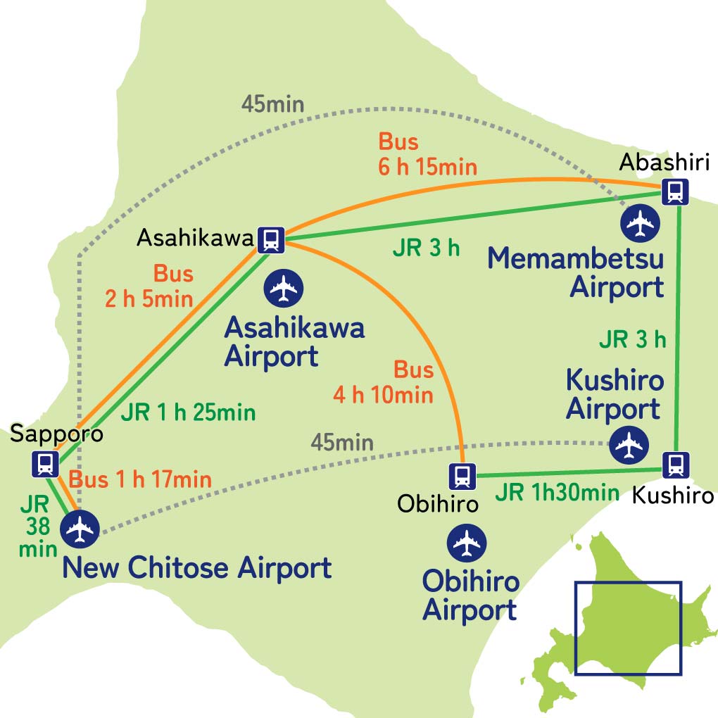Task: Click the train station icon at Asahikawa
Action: tap(270, 239)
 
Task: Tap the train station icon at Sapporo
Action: tap(46, 463)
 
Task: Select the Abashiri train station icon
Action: tap(675, 191)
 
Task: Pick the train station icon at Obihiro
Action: tap(464, 476)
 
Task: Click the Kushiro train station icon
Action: tap(675, 465)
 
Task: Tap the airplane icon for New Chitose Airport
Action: tap(80, 529)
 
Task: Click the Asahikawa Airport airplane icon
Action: tap(284, 286)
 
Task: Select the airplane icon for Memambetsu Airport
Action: tap(640, 222)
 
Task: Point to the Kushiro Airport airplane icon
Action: tap(628, 444)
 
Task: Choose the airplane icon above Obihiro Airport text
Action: tap(466, 542)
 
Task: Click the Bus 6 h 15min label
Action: tap(428, 154)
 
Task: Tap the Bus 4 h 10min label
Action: tap(384, 382)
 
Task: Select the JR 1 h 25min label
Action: tap(188, 412)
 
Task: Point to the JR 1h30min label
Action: tap(557, 492)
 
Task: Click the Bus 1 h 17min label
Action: tap(139, 480)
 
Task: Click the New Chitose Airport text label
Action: tap(197, 568)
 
